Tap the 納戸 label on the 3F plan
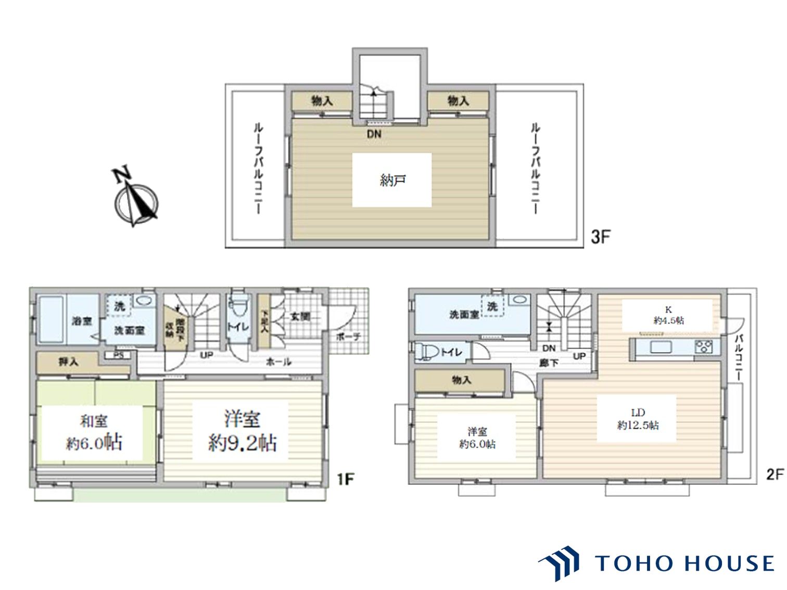point(392,181)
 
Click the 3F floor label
point(600,237)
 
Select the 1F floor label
point(345,479)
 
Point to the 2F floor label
point(775,474)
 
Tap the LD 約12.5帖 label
point(638,419)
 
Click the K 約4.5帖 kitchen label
point(668,315)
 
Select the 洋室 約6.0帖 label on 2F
point(477,438)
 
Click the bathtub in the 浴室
point(52,320)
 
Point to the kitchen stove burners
point(703,347)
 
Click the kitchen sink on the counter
point(661,347)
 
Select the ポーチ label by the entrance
point(348,337)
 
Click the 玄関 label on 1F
point(300,316)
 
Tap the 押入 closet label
point(68,361)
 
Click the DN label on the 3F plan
point(374,134)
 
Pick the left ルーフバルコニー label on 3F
point(258,168)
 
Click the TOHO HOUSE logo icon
point(560,563)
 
